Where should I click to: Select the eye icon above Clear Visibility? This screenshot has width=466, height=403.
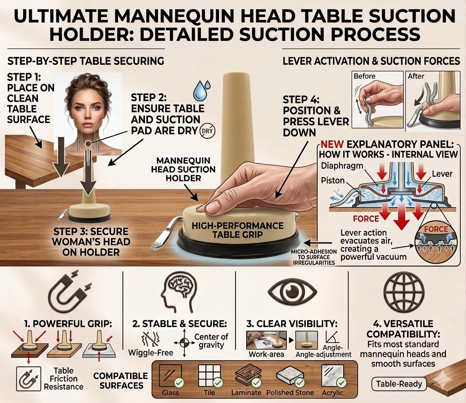[x=292, y=291]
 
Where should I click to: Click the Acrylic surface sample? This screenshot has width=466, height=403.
[x=333, y=376]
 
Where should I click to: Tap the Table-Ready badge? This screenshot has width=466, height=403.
[x=399, y=384]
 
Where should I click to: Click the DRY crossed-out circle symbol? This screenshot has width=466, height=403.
[x=208, y=131]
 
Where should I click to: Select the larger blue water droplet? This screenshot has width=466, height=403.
[x=199, y=91]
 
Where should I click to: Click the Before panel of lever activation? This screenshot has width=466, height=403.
[x=377, y=99]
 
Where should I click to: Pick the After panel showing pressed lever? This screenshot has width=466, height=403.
[x=433, y=99]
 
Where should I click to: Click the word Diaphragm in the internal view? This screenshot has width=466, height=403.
[x=342, y=166]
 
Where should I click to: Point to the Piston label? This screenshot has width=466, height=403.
[x=332, y=180]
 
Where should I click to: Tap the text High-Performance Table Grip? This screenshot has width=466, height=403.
[x=237, y=230]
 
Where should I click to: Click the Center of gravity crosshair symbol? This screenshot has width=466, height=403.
[x=184, y=343]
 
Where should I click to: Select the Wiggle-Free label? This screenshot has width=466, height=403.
[x=151, y=353]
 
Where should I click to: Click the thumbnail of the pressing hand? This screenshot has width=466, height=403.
[x=266, y=340]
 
